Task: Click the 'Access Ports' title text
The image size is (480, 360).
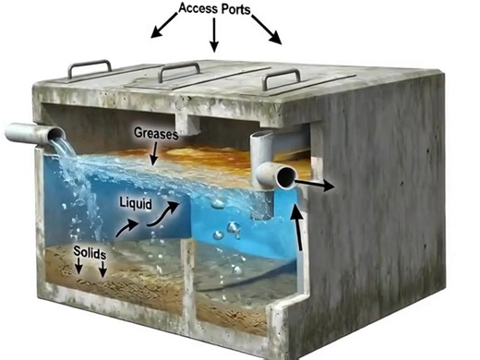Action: (214, 10)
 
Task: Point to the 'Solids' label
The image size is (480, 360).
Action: (89, 252)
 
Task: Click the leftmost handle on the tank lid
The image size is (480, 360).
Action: (90, 69)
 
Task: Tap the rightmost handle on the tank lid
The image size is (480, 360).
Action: (282, 78)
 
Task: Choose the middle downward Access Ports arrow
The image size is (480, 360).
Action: (213, 36)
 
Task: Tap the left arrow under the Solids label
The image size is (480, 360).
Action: (78, 267)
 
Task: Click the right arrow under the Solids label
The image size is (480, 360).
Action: (102, 270)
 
